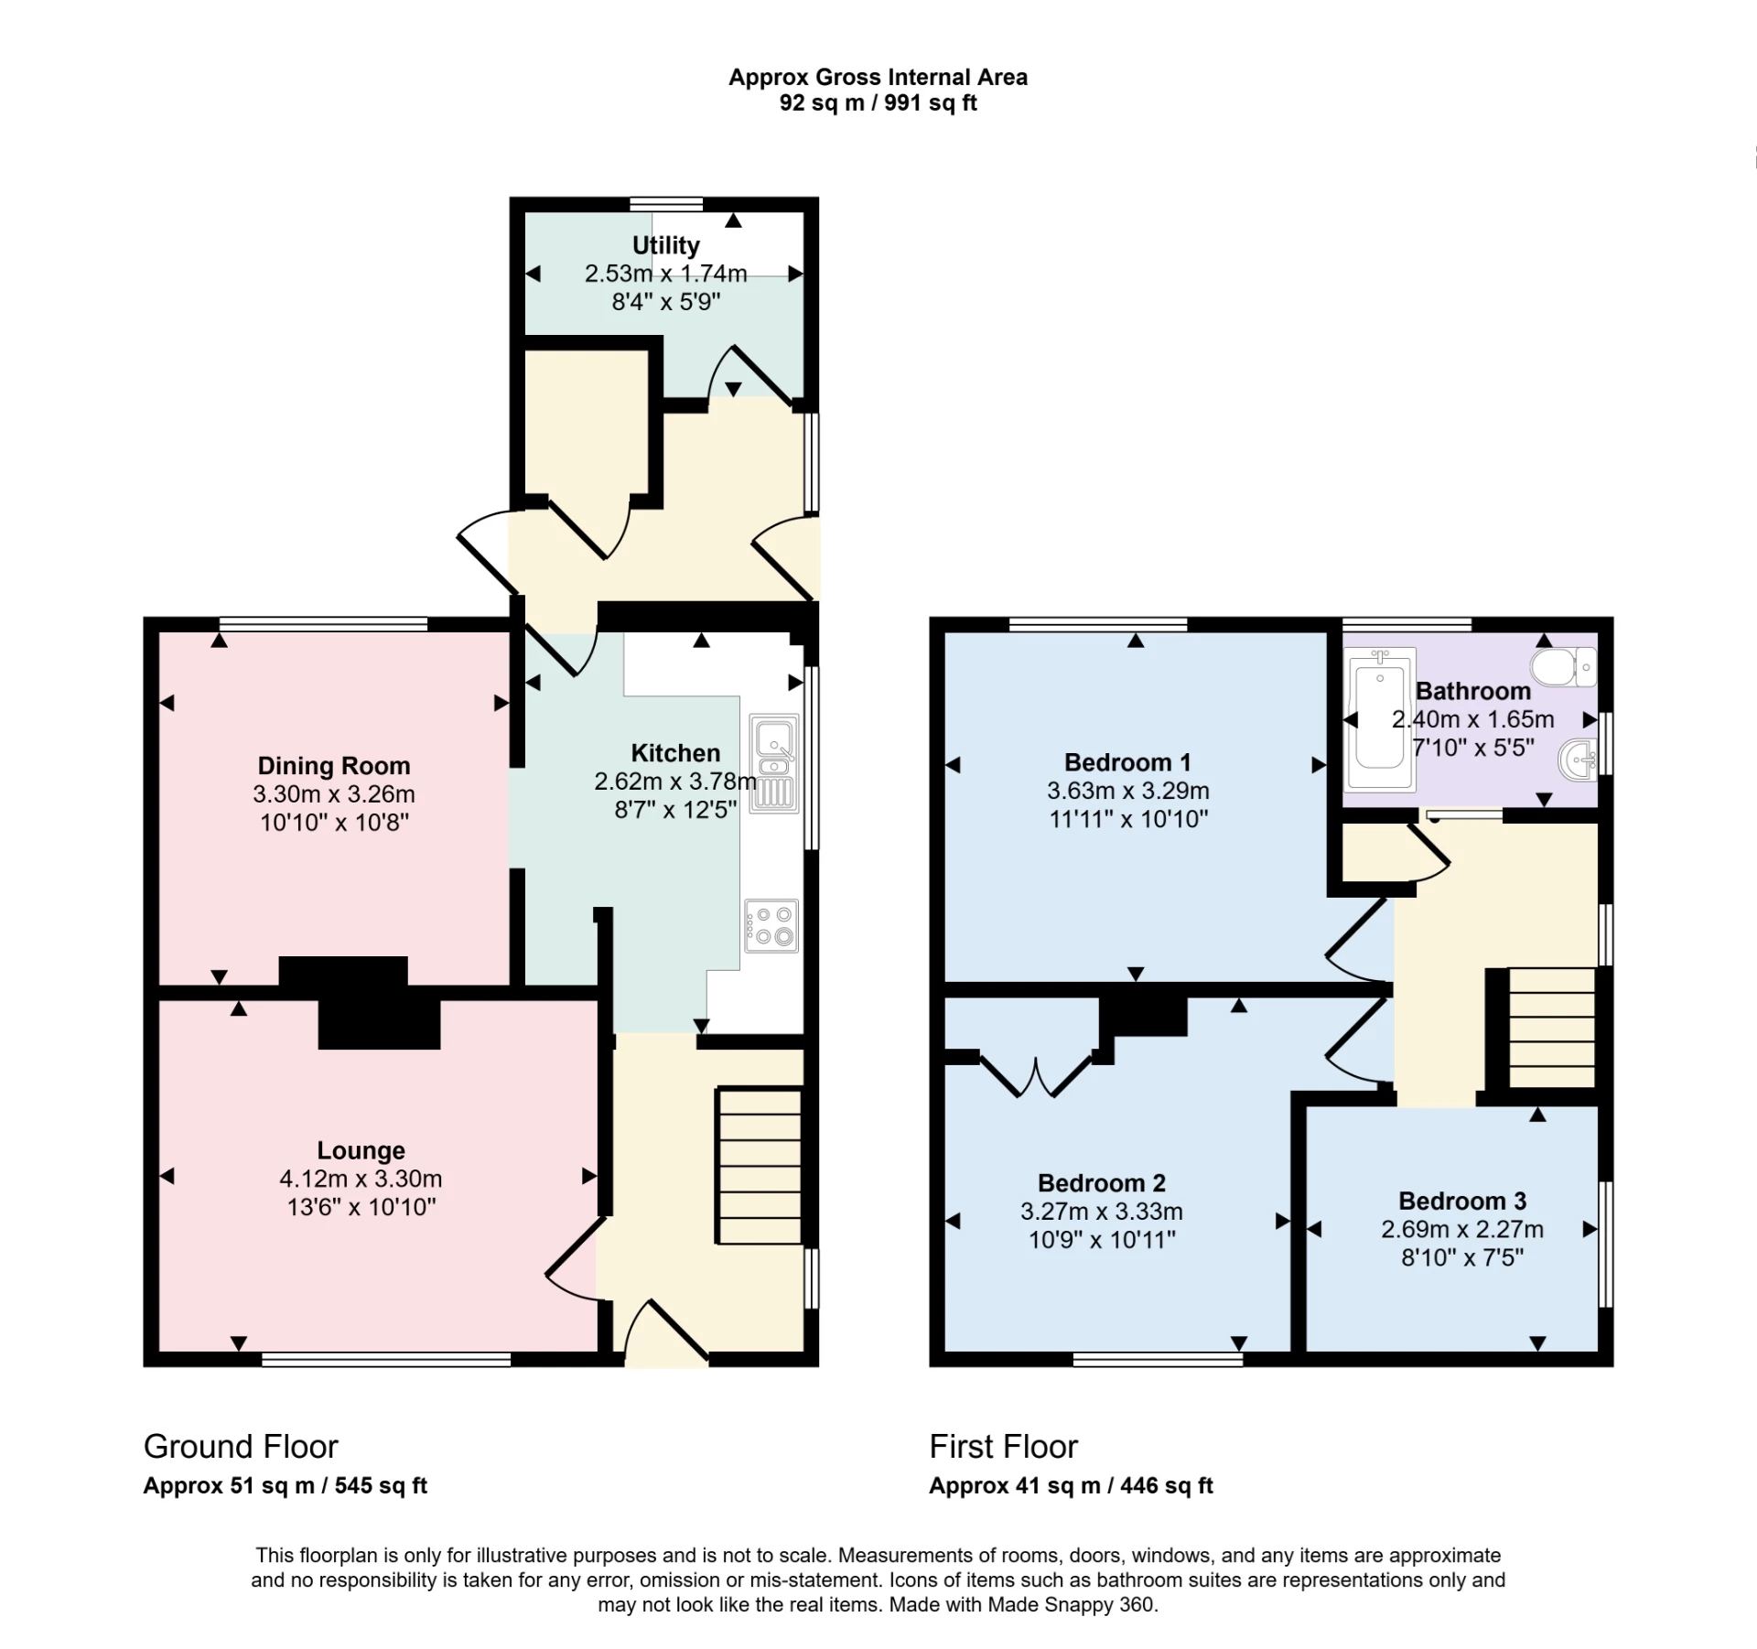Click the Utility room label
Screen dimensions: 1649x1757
click(x=665, y=245)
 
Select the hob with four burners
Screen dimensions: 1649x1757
click(x=771, y=926)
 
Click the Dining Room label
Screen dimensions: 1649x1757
click(x=333, y=766)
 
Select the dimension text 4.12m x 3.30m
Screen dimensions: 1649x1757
click(x=361, y=1179)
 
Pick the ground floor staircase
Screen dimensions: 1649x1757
click(x=759, y=1165)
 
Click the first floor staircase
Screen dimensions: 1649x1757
click(x=1550, y=1028)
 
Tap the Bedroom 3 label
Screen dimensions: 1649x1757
click(x=1461, y=1201)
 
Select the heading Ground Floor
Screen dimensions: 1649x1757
click(x=241, y=1447)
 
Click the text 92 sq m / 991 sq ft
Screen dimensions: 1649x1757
click(x=878, y=103)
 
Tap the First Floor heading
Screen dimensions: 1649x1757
click(x=1003, y=1447)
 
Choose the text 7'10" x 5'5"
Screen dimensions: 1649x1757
click(x=1473, y=748)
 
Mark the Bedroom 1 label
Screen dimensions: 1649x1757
click(x=1127, y=762)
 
